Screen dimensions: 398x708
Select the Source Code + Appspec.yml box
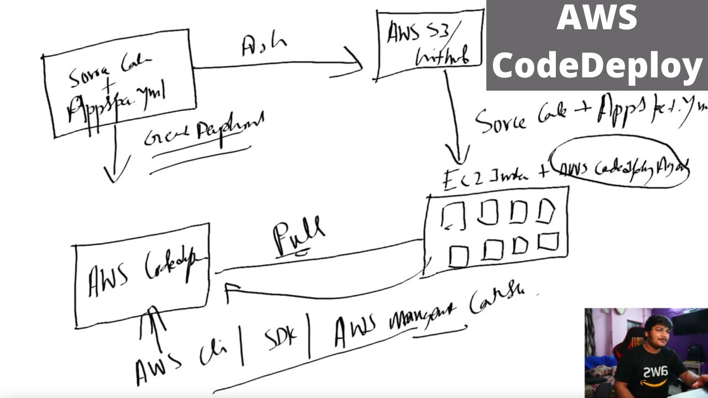point(119,83)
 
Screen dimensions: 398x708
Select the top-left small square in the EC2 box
point(454,216)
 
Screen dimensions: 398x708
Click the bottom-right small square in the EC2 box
point(548,242)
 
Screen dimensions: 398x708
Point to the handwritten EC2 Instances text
point(487,177)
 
